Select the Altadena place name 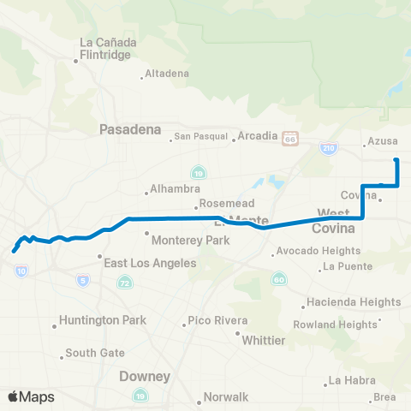coord(167,74)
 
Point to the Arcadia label coord(258,136)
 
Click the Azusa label coord(383,141)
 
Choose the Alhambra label coord(174,188)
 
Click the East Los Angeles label coord(151,264)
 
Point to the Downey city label coord(145,376)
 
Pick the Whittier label coord(264,340)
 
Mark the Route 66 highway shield coord(291,138)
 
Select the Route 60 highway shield coord(278,279)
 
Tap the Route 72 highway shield coord(125,282)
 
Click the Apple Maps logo coord(30,396)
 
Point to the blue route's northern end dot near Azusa coord(396,160)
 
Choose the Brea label coord(384,396)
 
